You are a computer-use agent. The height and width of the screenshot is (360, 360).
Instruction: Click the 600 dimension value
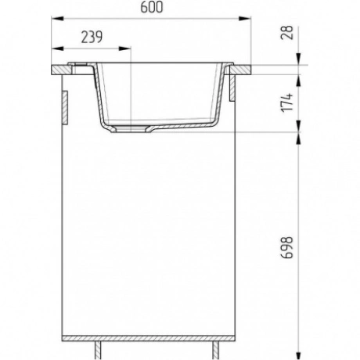[152, 7]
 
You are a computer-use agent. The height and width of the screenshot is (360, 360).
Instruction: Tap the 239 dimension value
[92, 37]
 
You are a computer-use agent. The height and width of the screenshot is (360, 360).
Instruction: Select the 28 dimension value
[287, 33]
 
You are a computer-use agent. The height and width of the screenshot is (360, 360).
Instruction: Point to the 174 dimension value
[287, 103]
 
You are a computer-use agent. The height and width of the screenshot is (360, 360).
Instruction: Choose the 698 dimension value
[287, 247]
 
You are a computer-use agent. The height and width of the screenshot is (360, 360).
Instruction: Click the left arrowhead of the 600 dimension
[58, 19]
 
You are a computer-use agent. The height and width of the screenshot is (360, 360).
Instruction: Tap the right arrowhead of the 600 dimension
[245, 19]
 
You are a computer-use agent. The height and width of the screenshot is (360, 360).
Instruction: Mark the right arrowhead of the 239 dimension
[124, 49]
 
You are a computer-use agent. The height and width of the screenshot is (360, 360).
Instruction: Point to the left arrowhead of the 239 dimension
[58, 49]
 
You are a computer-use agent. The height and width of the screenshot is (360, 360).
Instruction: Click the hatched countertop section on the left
[61, 70]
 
